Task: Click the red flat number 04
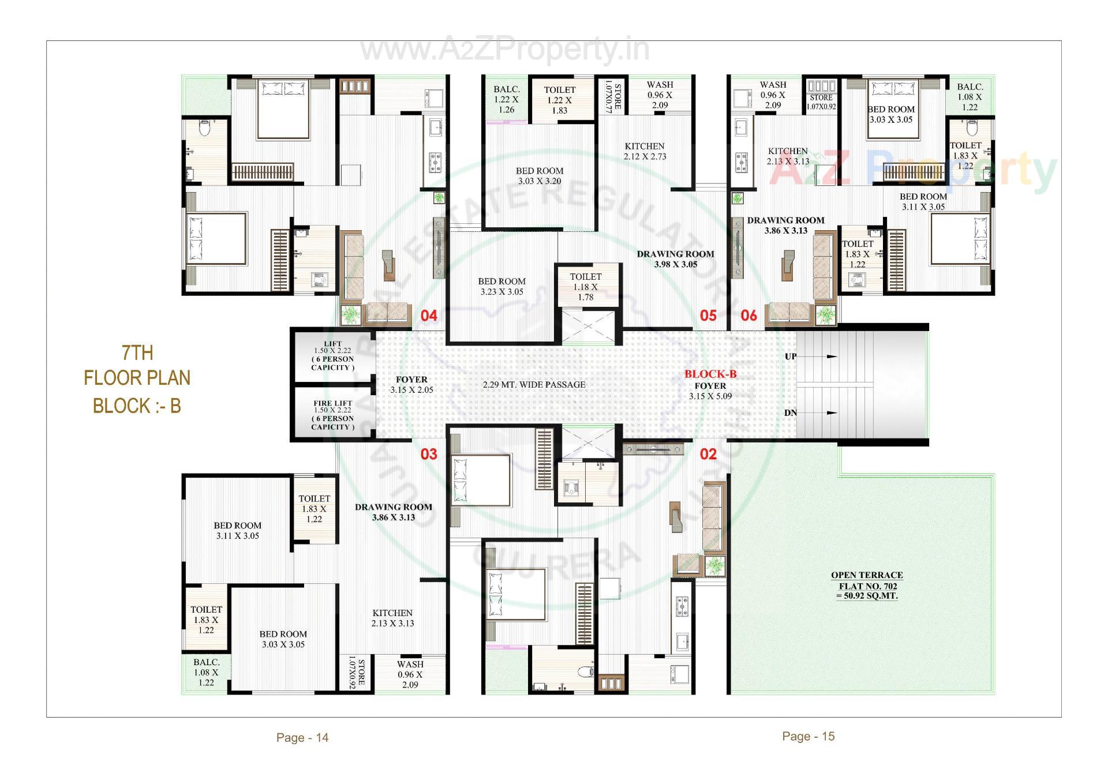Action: click(x=429, y=316)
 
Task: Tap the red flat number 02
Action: click(x=708, y=454)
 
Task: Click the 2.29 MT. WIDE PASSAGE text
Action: click(x=534, y=385)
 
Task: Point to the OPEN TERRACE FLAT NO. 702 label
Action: click(x=867, y=585)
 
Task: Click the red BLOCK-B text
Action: click(x=710, y=374)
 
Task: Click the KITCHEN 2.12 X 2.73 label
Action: click(x=645, y=151)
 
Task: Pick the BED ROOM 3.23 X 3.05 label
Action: click(x=501, y=287)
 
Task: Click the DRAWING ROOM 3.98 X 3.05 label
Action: click(x=675, y=259)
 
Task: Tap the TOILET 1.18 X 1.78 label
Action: click(x=586, y=287)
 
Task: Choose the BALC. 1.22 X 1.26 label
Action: click(x=506, y=99)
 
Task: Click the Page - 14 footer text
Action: click(x=302, y=737)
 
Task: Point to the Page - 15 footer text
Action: click(x=808, y=736)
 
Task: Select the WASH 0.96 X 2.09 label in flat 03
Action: click(x=410, y=674)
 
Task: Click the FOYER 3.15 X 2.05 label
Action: click(x=411, y=385)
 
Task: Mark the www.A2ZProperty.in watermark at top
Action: click(x=504, y=50)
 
